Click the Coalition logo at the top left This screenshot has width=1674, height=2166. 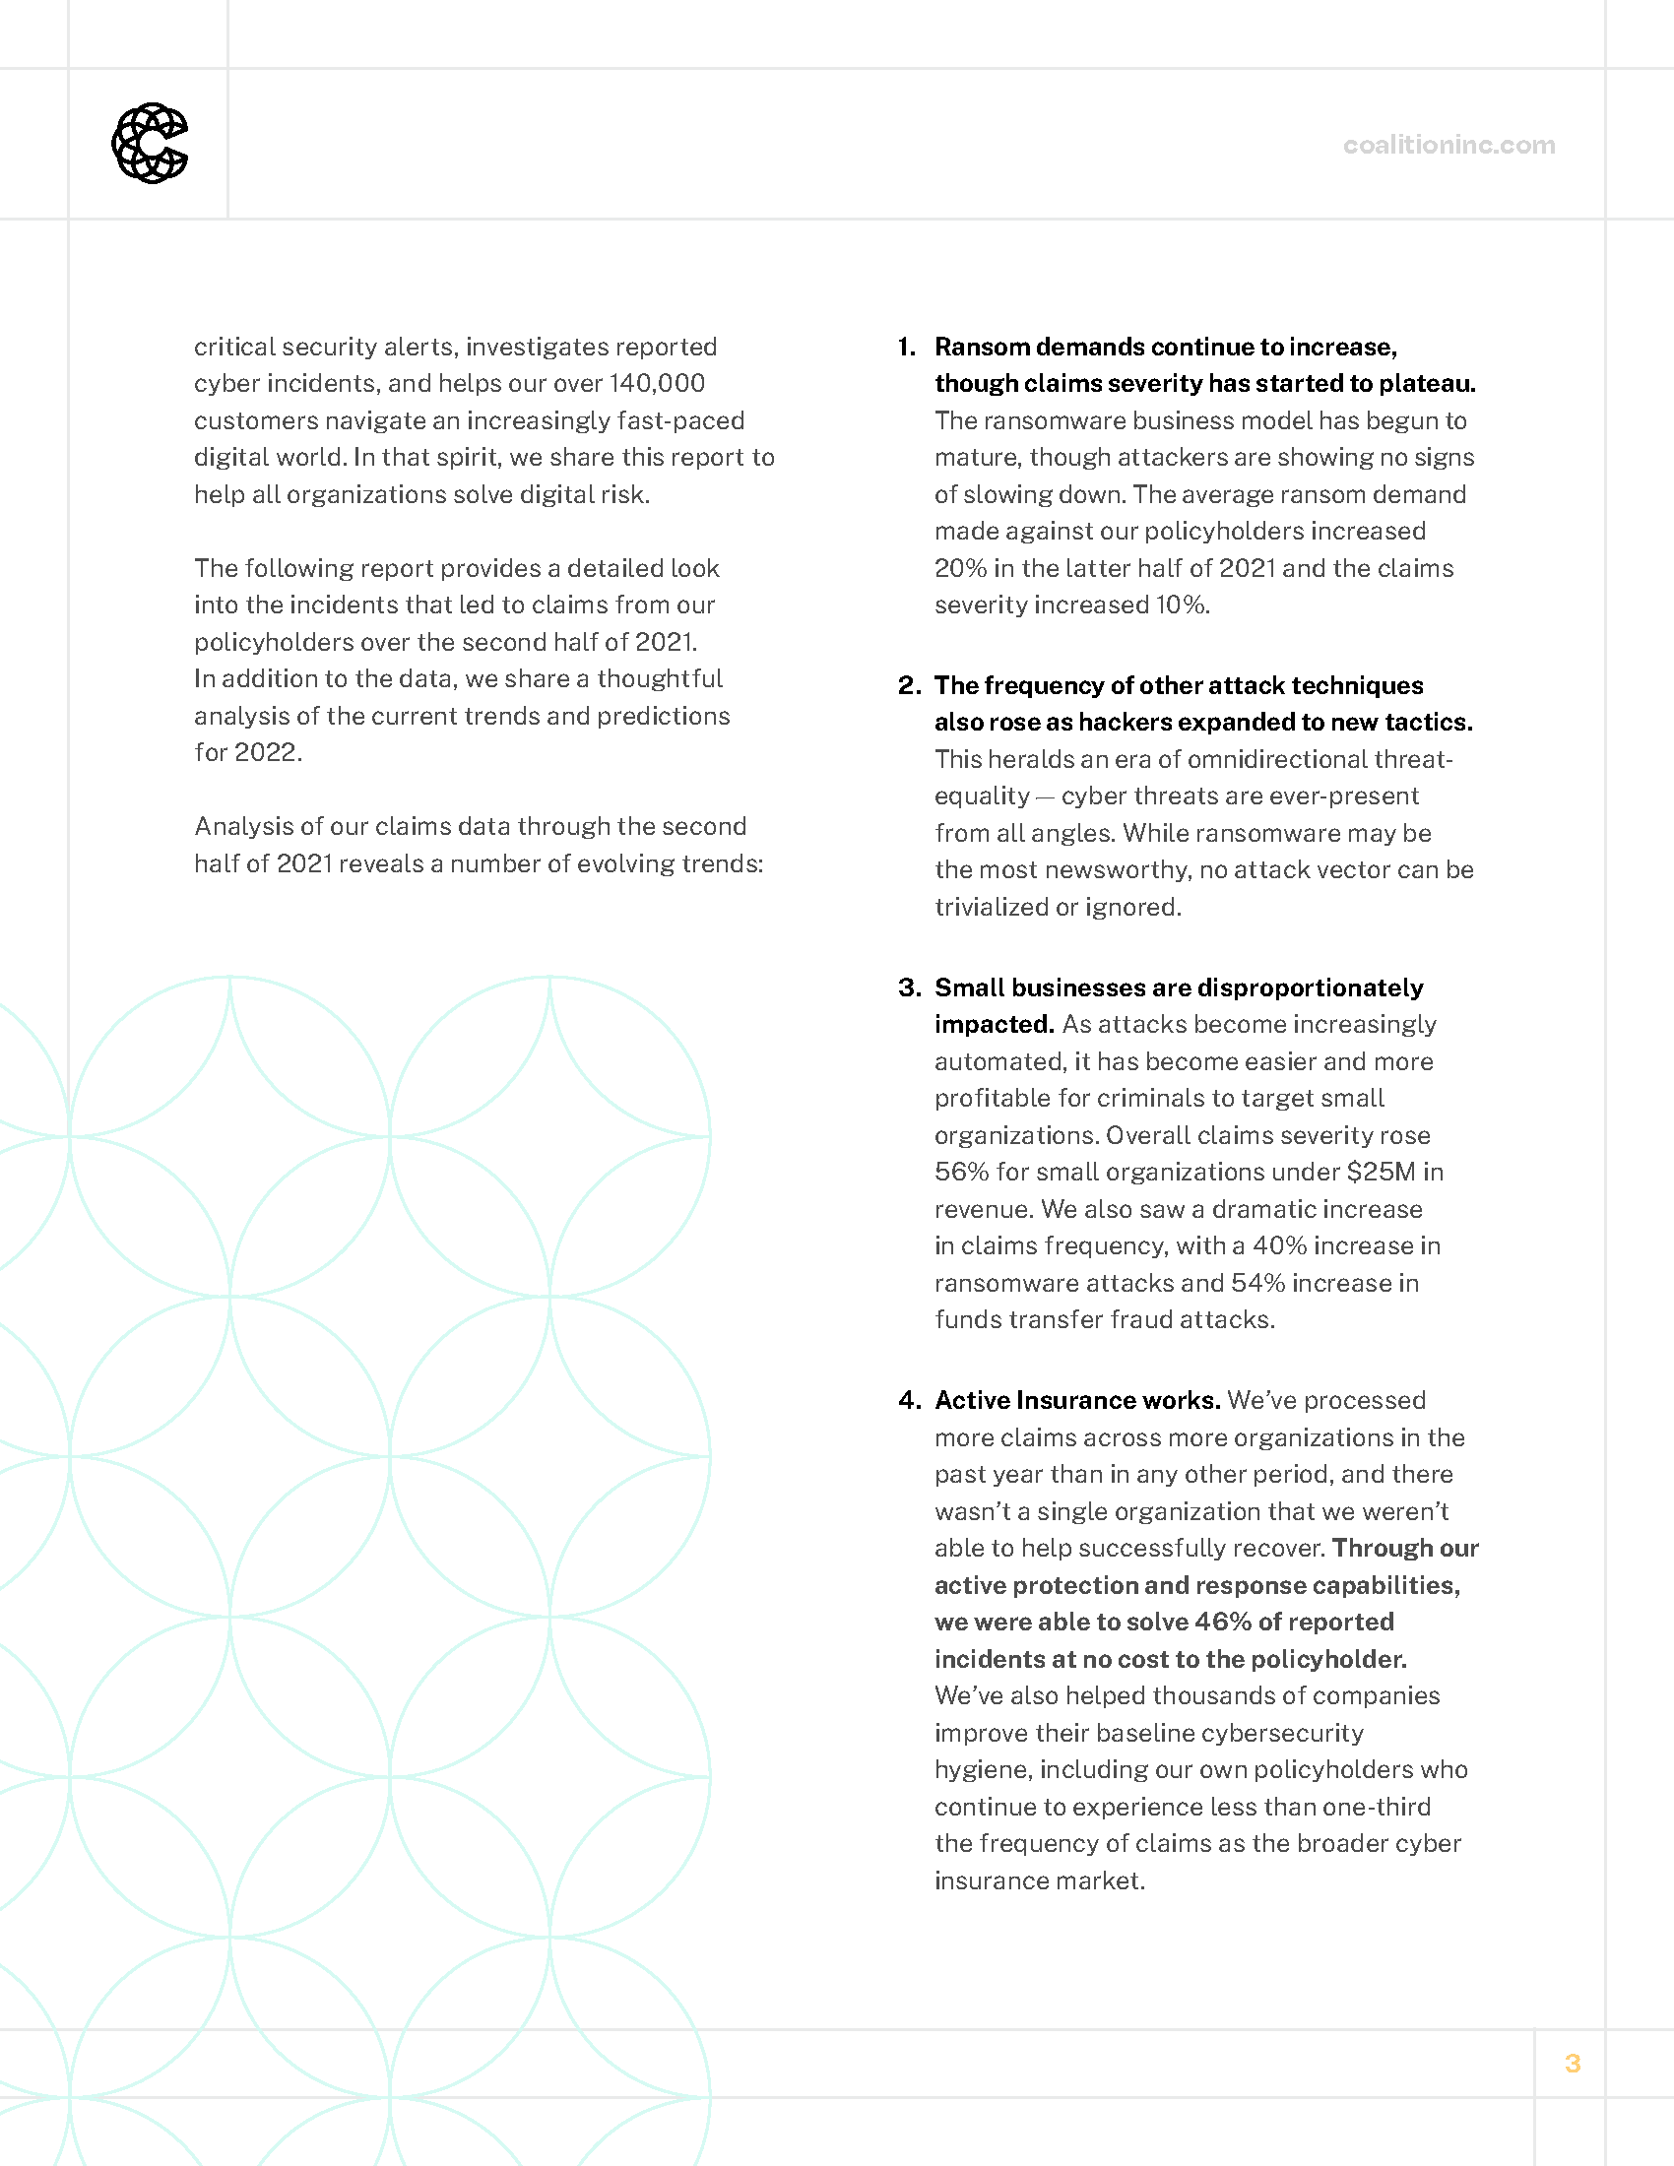(x=150, y=144)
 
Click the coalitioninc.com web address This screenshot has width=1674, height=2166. (x=1448, y=145)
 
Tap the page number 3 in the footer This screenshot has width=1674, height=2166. (x=1572, y=2063)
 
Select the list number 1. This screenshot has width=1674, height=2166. (x=906, y=348)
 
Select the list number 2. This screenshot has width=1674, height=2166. (x=909, y=685)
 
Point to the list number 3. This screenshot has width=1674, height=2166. (x=909, y=987)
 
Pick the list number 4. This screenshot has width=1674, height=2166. (x=909, y=1400)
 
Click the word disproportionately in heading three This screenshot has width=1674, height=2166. (x=1310, y=987)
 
